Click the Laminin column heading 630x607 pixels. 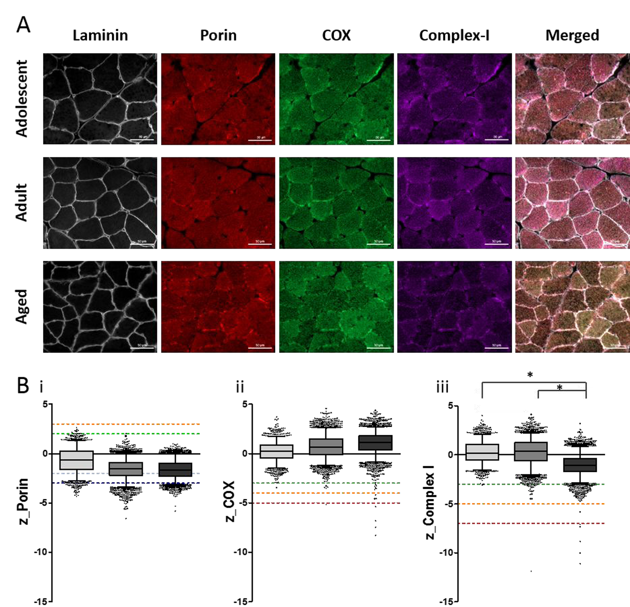[x=100, y=35]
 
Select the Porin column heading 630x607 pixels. [x=218, y=35]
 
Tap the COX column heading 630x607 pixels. [x=336, y=35]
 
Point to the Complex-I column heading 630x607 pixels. [x=454, y=35]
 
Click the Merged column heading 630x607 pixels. [x=572, y=35]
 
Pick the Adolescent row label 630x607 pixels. [x=22, y=99]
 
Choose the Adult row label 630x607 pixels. [x=22, y=203]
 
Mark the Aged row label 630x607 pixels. [x=22, y=306]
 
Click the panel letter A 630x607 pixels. [x=23, y=25]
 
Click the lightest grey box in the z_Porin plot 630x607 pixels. [x=77, y=460]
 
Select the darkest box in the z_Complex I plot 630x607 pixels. [x=580, y=465]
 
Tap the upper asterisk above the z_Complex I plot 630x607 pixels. [x=530, y=375]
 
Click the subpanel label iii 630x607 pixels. [x=442, y=387]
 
